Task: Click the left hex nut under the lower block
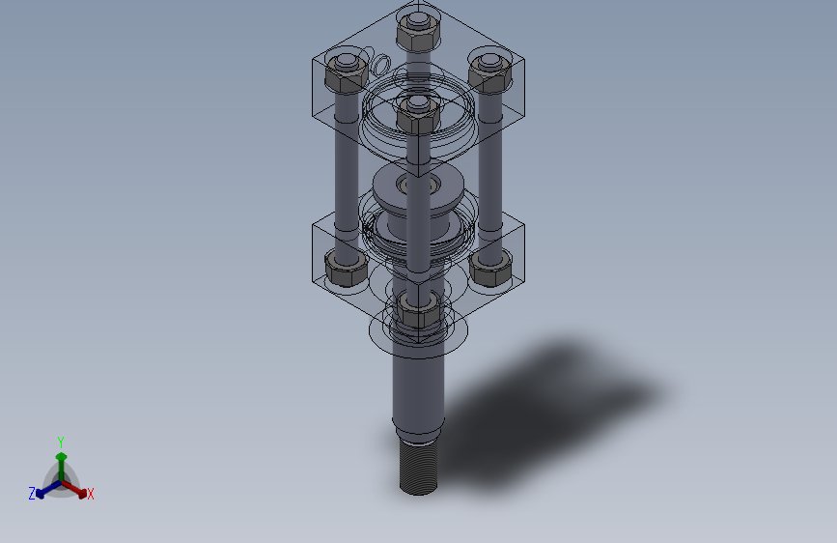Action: pyautogui.click(x=346, y=269)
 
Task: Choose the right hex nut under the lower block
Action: pyautogui.click(x=490, y=269)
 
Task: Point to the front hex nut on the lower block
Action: pyautogui.click(x=418, y=310)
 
